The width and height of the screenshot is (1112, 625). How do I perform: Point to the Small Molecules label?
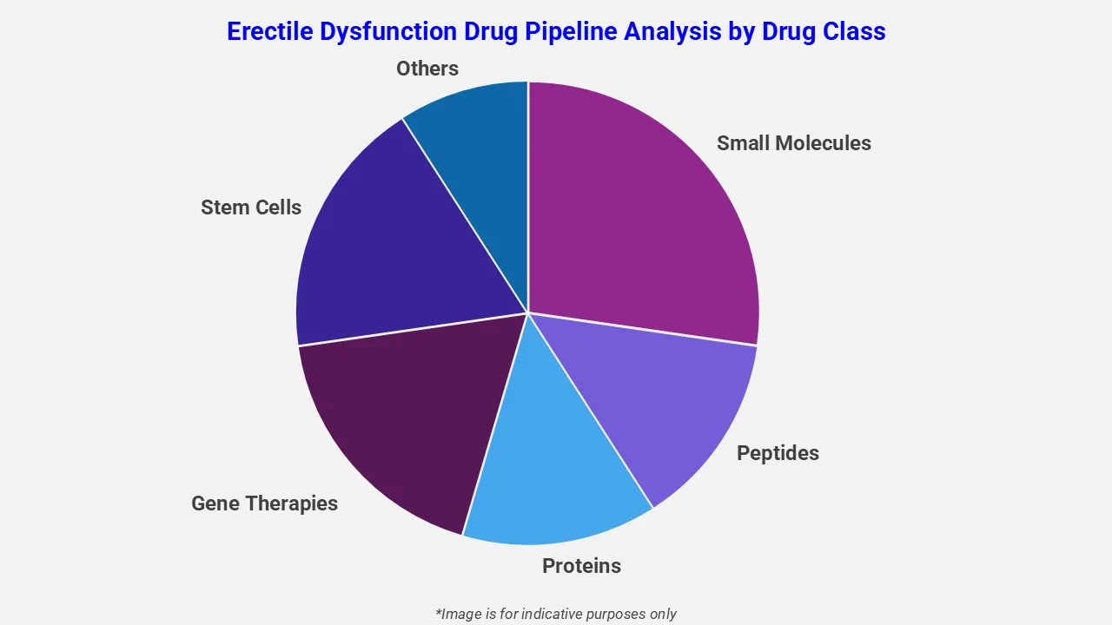click(793, 143)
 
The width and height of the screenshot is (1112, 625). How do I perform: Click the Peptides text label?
click(778, 453)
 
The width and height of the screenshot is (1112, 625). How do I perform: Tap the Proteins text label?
click(581, 566)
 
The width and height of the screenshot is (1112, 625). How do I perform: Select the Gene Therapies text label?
click(264, 503)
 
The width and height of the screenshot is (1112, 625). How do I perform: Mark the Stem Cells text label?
click(250, 207)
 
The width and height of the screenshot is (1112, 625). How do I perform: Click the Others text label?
click(427, 68)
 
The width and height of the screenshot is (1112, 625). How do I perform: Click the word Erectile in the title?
click(269, 32)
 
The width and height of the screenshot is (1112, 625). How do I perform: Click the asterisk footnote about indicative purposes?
click(555, 614)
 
